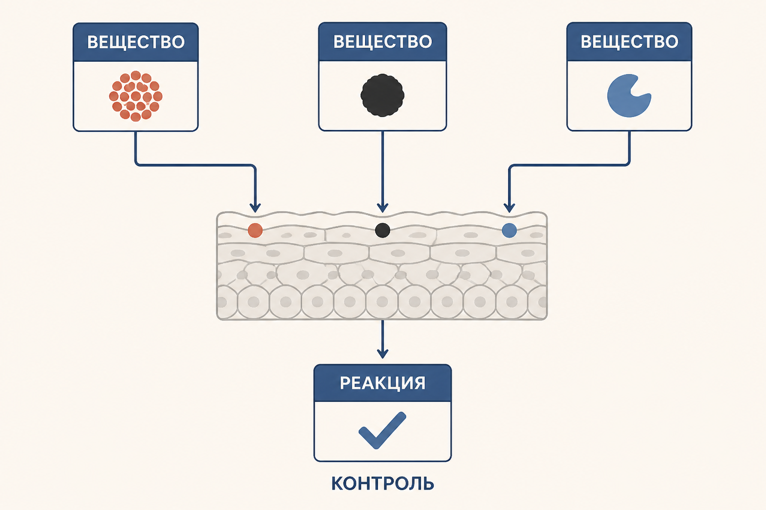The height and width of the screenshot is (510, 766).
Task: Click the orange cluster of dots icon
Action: pyautogui.click(x=136, y=96)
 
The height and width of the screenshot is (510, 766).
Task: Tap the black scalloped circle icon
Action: pyautogui.click(x=383, y=95)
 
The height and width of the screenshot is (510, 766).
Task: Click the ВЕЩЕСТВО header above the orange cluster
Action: pyautogui.click(x=136, y=42)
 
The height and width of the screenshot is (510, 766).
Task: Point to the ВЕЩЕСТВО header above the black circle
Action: pyautogui.click(x=383, y=42)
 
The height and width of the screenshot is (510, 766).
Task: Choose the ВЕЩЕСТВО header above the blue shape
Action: pyautogui.click(x=629, y=42)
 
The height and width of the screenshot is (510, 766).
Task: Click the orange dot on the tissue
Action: pyautogui.click(x=255, y=230)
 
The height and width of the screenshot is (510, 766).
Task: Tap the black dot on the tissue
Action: pyautogui.click(x=383, y=230)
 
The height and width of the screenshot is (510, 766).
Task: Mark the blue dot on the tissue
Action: pyautogui.click(x=509, y=230)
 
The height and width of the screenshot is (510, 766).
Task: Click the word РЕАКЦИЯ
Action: pyautogui.click(x=383, y=383)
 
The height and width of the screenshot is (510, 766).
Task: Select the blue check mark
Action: pyautogui.click(x=383, y=430)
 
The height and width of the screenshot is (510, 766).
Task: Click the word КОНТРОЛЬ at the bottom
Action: pyautogui.click(x=383, y=484)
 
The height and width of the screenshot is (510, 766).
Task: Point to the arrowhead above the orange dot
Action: pyautogui.click(x=255, y=208)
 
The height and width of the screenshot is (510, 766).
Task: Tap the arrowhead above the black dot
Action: pyautogui.click(x=383, y=208)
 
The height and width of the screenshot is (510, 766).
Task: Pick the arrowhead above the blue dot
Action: pyautogui.click(x=509, y=208)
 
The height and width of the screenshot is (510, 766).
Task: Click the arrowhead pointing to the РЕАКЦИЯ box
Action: pyautogui.click(x=383, y=354)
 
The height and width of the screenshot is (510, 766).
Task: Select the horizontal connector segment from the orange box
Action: pyautogui.click(x=195, y=165)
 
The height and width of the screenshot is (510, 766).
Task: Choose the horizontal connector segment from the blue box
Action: pyautogui.click(x=570, y=165)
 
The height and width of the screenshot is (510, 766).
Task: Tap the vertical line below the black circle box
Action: pyautogui.click(x=383, y=168)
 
